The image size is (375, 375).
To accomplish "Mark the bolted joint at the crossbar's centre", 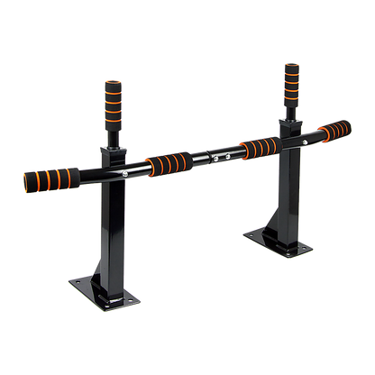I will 214,154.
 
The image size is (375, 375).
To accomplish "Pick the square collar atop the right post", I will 292,118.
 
